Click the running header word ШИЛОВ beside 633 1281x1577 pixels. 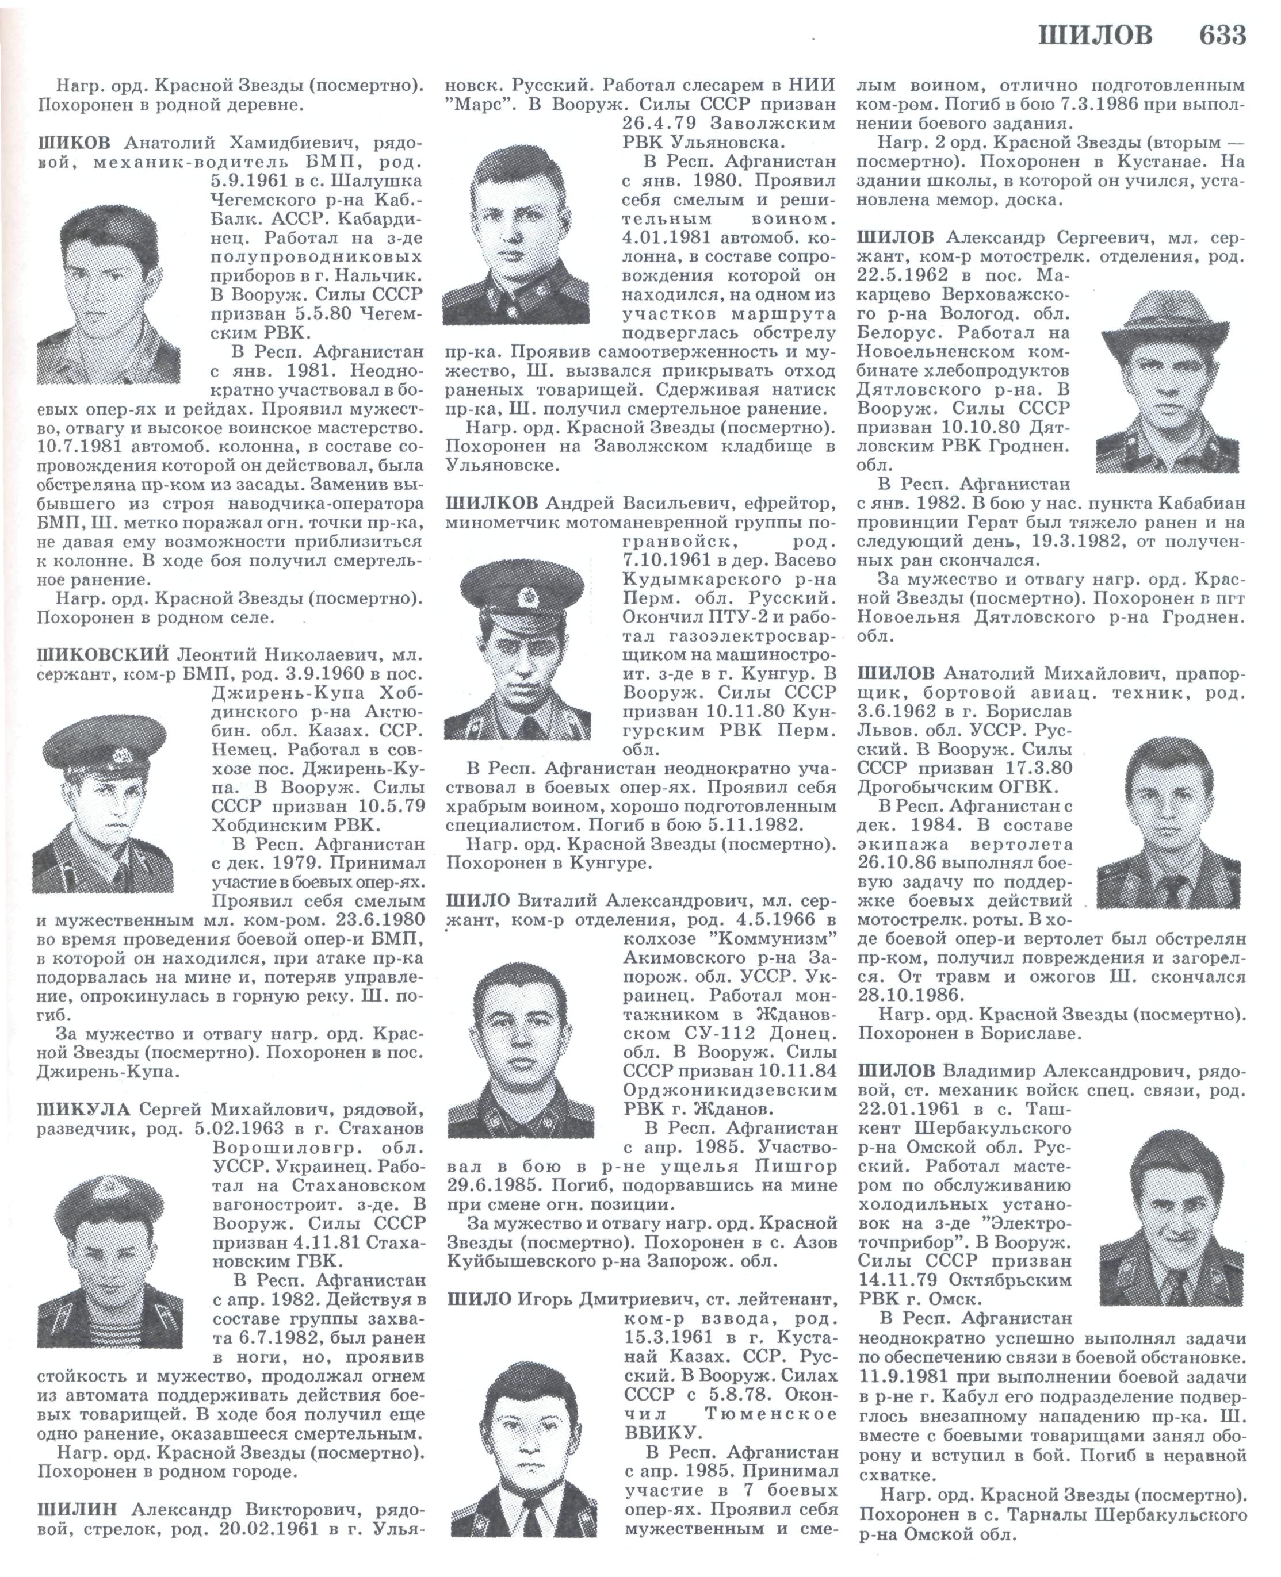(x=1095, y=36)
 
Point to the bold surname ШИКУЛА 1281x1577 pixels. (x=83, y=1110)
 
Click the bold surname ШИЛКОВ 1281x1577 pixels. (x=492, y=503)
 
